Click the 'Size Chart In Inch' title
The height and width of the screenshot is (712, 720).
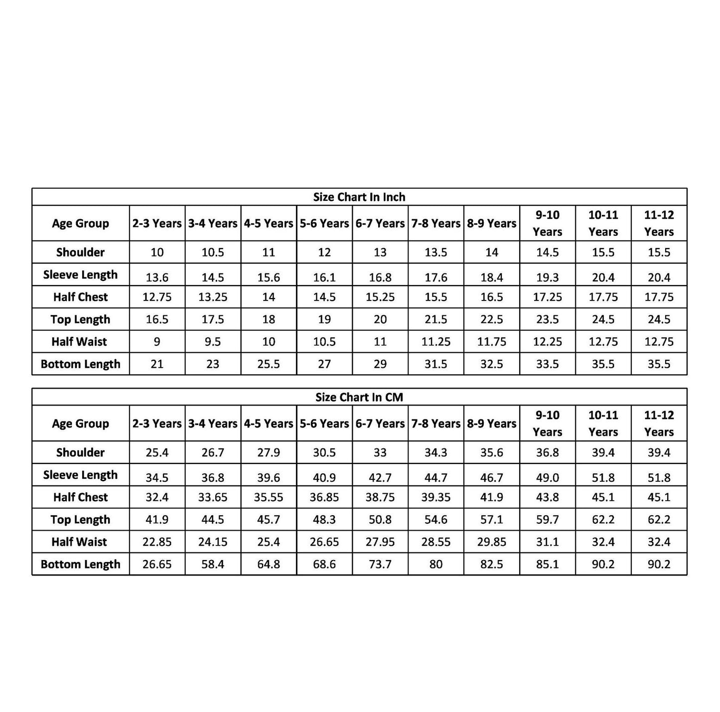point(359,197)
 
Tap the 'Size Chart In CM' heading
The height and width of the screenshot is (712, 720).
point(359,397)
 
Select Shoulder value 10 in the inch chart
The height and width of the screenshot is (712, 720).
point(157,253)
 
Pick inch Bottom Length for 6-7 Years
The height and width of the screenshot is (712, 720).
point(380,364)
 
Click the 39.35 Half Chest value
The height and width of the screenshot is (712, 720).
point(436,497)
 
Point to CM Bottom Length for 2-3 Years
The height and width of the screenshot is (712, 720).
point(157,565)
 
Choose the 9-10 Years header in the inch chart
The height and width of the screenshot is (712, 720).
point(547,223)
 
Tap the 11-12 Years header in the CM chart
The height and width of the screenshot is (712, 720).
point(659,424)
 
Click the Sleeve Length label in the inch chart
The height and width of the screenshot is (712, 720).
point(80,275)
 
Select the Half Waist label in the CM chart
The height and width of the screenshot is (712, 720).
point(79,542)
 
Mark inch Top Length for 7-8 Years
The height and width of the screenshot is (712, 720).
point(436,319)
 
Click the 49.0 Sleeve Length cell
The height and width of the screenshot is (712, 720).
point(547,477)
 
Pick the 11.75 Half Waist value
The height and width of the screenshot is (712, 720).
point(492,342)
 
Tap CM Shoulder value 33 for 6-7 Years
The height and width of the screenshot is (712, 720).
point(380,453)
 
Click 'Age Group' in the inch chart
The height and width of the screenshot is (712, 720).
point(80,223)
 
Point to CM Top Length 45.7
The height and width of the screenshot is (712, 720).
point(269,520)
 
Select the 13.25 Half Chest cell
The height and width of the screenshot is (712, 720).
point(213,297)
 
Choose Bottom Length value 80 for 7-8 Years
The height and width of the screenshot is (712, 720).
point(436,565)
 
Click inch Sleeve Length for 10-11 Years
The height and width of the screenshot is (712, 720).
point(603,277)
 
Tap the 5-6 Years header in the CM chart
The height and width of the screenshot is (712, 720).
point(324,424)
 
